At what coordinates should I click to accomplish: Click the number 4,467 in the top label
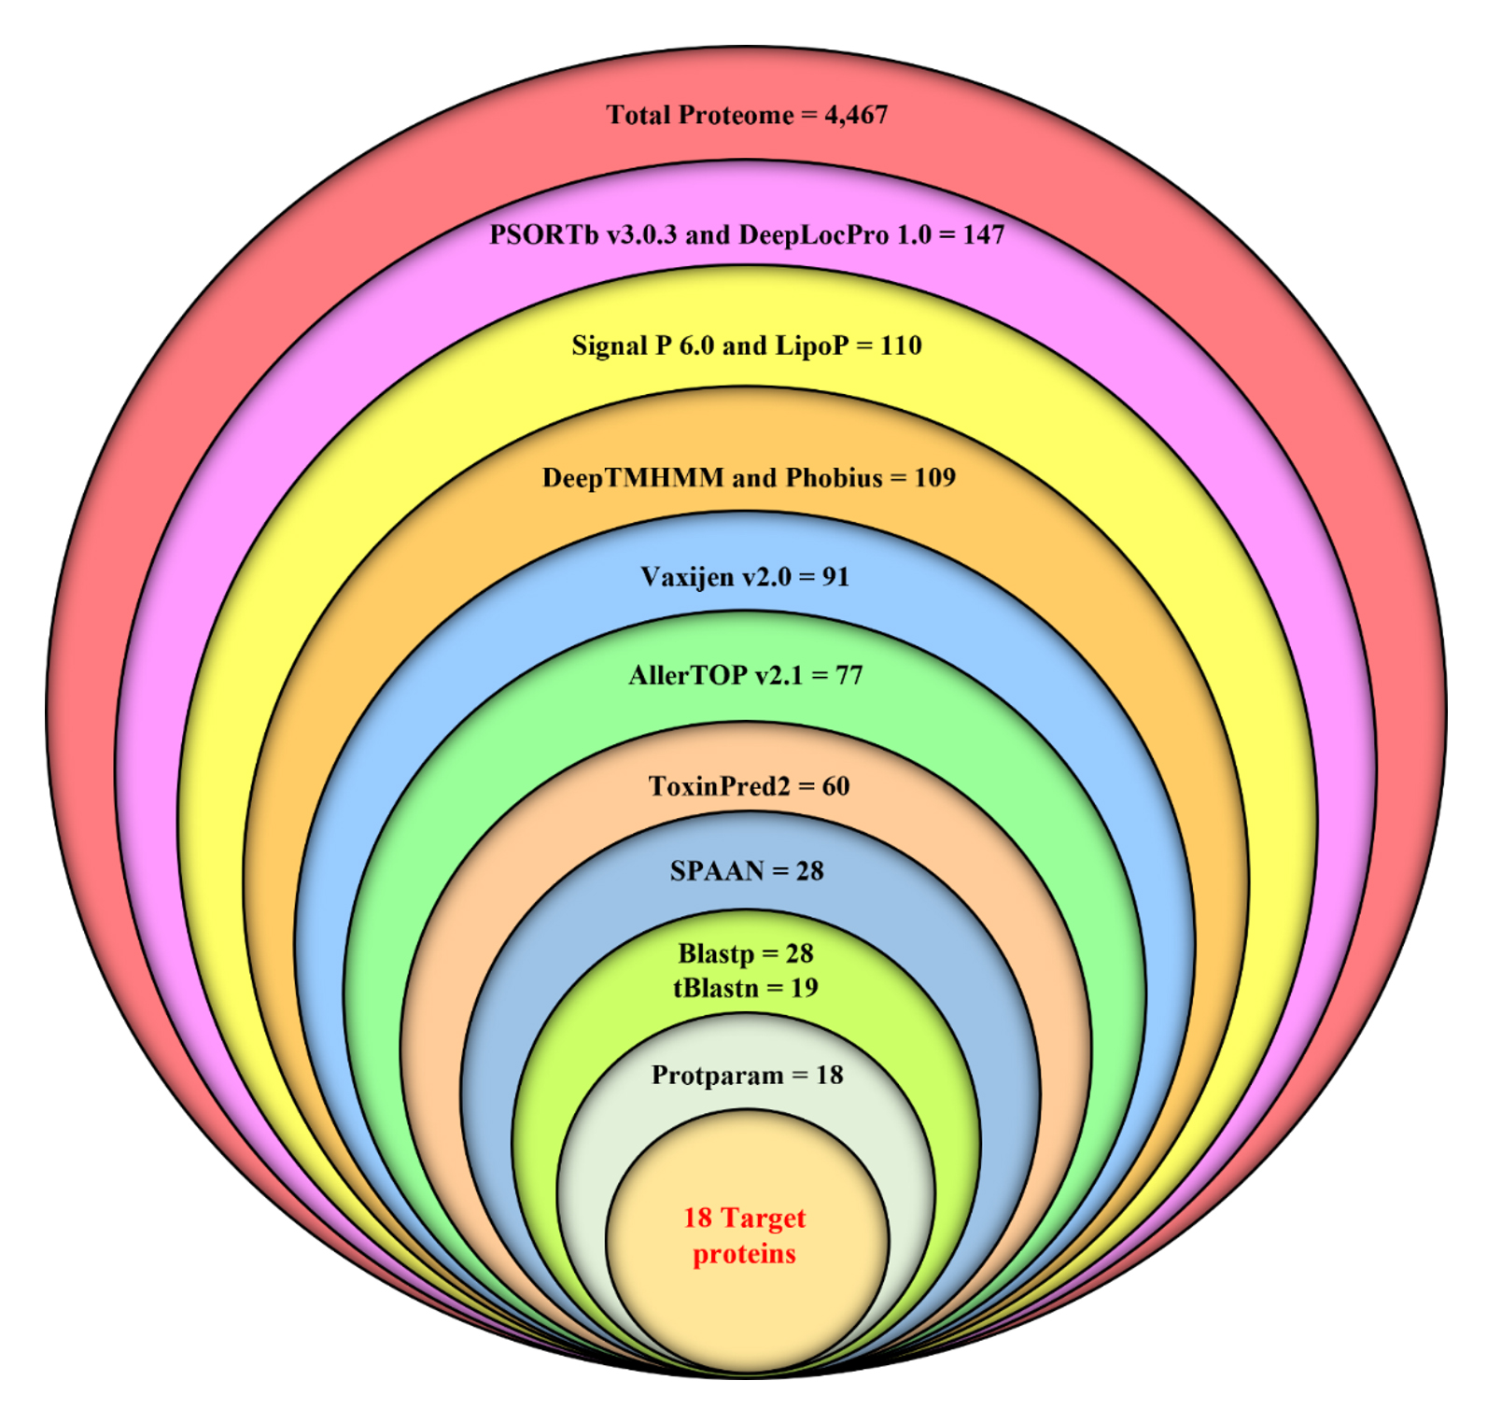856,115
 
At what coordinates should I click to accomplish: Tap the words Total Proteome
700,115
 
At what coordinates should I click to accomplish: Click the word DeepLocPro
813,235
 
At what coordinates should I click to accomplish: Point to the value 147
984,234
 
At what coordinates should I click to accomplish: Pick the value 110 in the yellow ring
901,345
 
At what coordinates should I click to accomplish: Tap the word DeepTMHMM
633,478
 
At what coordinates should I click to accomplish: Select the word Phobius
834,478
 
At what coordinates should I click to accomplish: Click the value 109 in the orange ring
934,478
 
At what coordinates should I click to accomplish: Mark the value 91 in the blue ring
835,577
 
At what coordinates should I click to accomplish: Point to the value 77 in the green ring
849,675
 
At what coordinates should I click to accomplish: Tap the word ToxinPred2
719,786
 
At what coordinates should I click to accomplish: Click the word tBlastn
716,988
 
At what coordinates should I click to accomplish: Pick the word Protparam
717,1076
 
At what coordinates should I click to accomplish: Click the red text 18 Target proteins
744,1235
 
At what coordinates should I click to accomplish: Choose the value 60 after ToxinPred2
835,786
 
